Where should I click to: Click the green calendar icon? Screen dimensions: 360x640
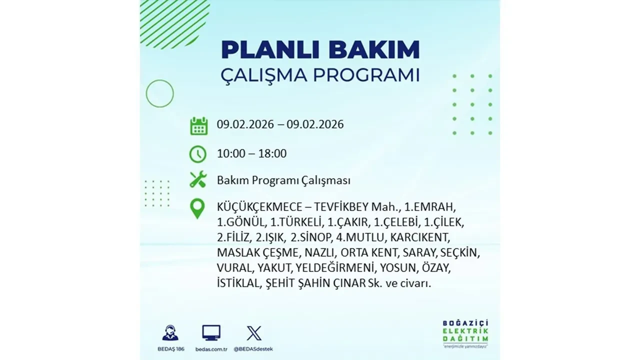click(198, 125)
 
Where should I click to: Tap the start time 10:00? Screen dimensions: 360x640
click(231, 153)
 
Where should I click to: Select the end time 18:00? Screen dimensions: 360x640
click(272, 153)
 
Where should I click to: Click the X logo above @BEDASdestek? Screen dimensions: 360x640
click(254, 333)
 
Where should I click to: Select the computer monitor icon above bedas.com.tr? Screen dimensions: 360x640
click(211, 332)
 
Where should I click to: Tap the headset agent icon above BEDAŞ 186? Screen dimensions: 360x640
click(170, 333)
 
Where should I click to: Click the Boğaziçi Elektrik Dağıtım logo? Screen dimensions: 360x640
click(465, 332)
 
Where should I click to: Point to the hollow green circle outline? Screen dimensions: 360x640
click(159, 93)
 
